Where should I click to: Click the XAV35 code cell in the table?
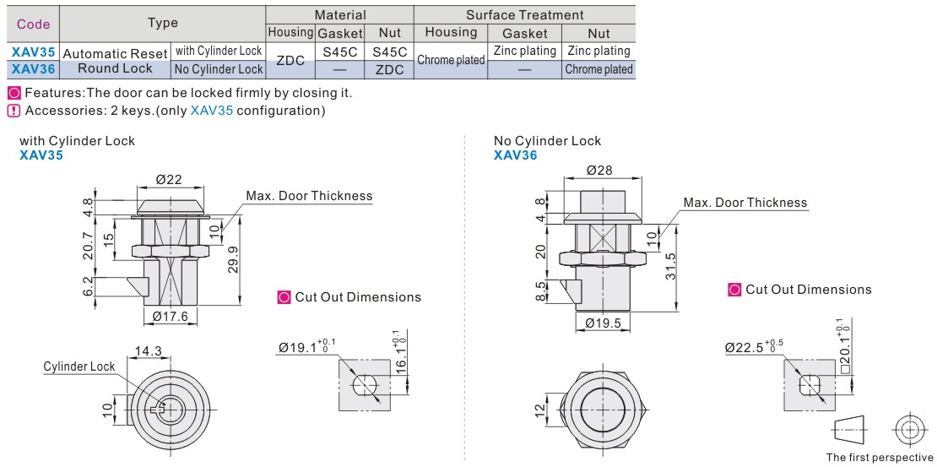point(34,52)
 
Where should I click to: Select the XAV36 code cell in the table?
point(34,69)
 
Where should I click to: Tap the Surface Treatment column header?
point(524,15)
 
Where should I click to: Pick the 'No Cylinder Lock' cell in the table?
point(219,69)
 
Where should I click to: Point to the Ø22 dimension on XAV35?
point(169,178)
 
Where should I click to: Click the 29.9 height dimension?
point(233,257)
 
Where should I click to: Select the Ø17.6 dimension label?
point(171,316)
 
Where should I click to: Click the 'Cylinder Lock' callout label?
point(78,367)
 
